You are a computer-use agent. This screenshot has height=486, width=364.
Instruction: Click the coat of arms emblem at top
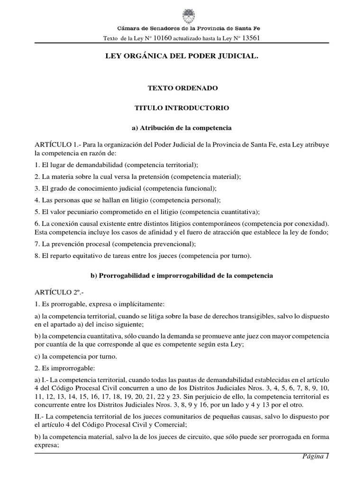pyautogui.click(x=182, y=14)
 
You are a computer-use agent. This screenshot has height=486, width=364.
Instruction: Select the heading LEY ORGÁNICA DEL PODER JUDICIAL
pyautogui.click(x=182, y=56)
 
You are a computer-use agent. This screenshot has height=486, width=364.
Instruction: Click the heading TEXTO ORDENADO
pyautogui.click(x=182, y=89)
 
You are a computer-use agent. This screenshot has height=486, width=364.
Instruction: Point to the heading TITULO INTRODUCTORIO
pyautogui.click(x=182, y=108)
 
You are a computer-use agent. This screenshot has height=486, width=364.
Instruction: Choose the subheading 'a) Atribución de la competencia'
pyautogui.click(x=182, y=128)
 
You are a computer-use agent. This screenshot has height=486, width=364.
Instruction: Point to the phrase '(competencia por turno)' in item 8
pyautogui.click(x=216, y=256)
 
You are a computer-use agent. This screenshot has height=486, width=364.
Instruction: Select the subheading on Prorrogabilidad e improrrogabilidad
pyautogui.click(x=182, y=275)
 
